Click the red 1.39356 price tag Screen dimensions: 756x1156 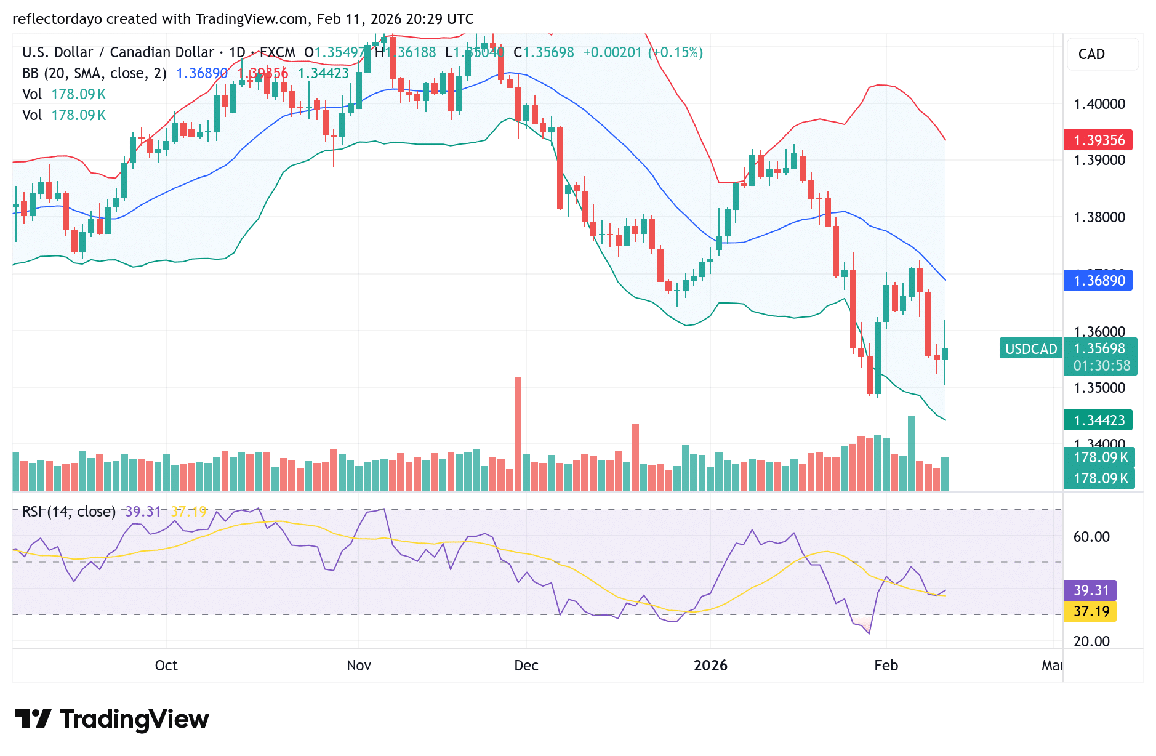[1098, 140]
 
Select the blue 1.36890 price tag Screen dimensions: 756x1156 [1098, 281]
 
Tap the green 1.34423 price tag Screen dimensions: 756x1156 [1098, 420]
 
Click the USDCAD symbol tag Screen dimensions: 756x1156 [1030, 349]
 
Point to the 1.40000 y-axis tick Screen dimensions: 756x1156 [1099, 104]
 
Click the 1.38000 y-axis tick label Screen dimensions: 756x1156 [1099, 217]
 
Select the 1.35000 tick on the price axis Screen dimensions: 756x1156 [1099, 388]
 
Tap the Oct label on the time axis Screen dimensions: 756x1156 [166, 666]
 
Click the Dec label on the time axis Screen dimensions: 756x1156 [526, 666]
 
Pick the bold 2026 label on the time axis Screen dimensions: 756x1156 [710, 666]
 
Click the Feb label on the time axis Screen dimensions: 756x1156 [886, 666]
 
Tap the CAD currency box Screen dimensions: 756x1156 [1102, 54]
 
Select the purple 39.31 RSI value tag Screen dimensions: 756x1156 [1090, 590]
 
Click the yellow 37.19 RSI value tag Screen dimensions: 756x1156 [1090, 611]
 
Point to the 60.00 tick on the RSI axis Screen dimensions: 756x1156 [1091, 537]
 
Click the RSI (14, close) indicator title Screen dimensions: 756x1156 [69, 512]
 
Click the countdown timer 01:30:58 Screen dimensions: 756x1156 [1101, 366]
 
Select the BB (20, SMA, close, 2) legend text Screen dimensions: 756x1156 [94, 73]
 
